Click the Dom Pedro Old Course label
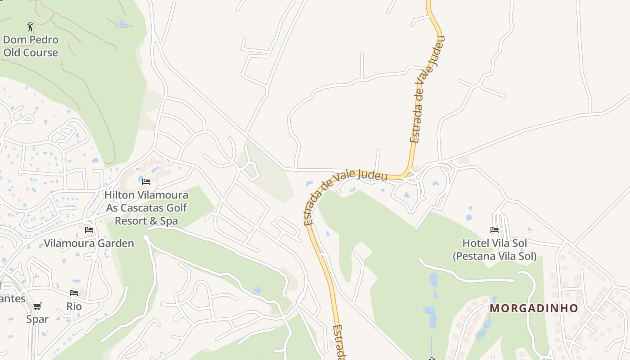31,46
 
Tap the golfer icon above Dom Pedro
30,26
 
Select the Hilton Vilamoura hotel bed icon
146,182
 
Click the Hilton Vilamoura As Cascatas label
146,208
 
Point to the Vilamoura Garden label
89,243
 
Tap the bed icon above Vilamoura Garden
89,230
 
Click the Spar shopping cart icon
37,306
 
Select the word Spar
37,319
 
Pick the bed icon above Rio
74,293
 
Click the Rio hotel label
74,306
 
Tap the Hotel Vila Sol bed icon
495,230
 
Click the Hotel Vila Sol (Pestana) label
495,250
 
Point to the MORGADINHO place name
534,308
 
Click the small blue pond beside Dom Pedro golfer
122,23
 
